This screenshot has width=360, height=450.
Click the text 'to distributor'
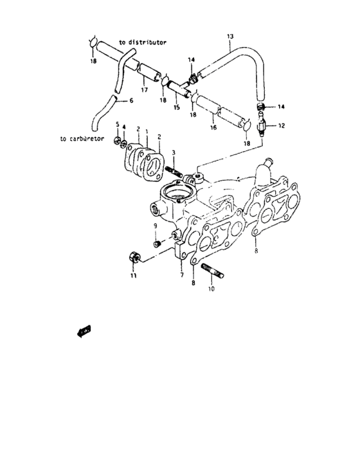pyautogui.click(x=143, y=42)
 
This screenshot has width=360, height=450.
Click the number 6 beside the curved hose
pyautogui.click(x=132, y=101)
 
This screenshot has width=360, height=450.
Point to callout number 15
pyautogui.click(x=175, y=107)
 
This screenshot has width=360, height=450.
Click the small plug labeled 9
pyautogui.click(x=156, y=244)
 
